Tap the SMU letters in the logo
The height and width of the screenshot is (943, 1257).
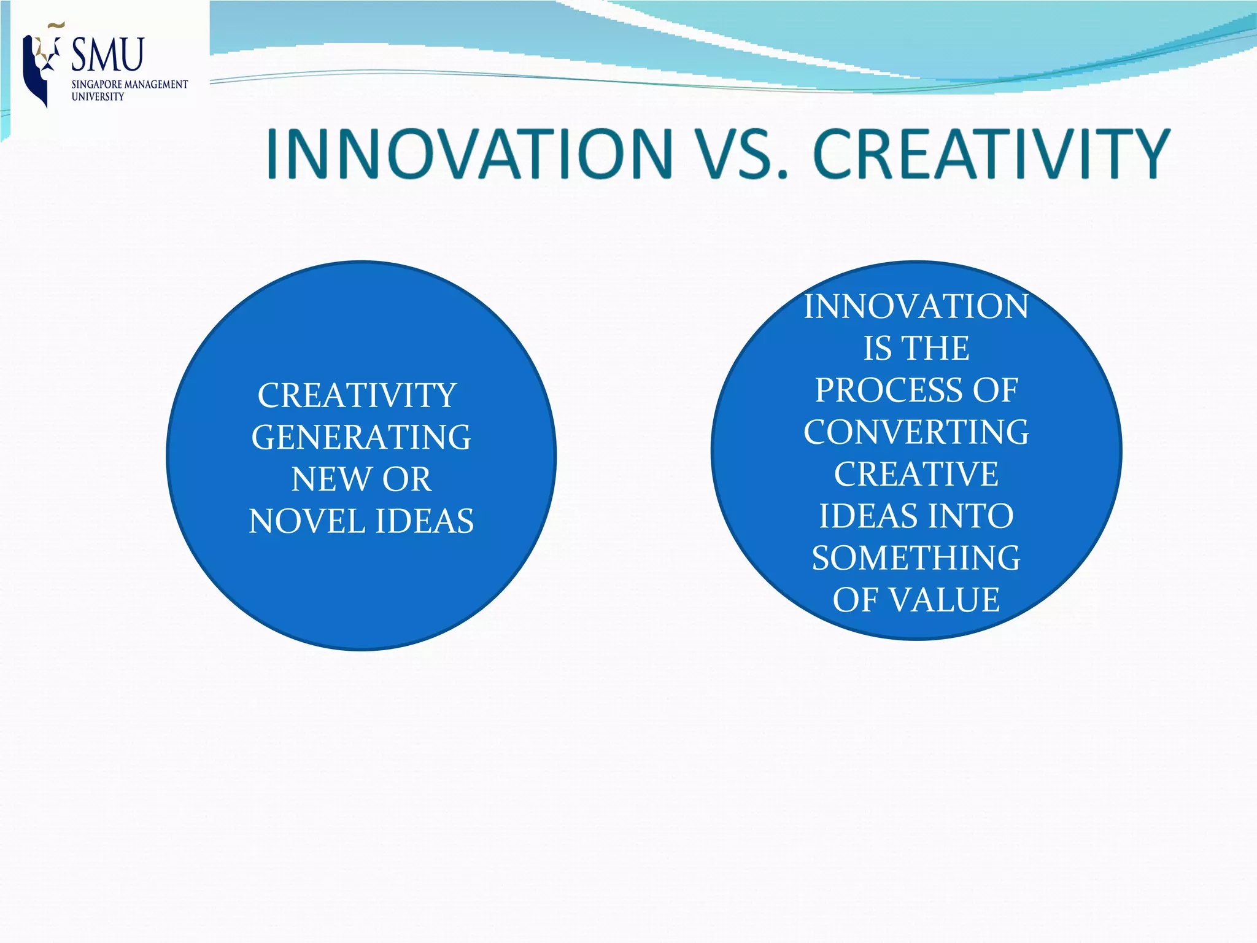click(x=108, y=55)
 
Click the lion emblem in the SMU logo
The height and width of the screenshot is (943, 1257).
click(x=40, y=64)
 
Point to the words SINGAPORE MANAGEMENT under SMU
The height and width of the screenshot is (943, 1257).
click(x=130, y=85)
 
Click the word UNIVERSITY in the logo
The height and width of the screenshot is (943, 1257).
click(x=98, y=97)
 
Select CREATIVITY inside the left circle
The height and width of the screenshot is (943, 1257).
click(x=357, y=395)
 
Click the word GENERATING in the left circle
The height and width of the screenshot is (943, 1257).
click(x=361, y=438)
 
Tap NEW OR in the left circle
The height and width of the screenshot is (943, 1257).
click(x=361, y=479)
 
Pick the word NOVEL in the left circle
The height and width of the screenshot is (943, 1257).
click(x=307, y=521)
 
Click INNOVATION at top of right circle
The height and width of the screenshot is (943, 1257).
click(x=916, y=306)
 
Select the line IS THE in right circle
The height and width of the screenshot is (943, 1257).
click(x=916, y=348)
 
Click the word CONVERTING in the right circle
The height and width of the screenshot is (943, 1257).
click(x=916, y=432)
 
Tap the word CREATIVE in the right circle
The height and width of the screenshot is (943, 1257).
click(x=916, y=474)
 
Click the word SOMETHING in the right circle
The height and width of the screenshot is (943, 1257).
click(x=916, y=558)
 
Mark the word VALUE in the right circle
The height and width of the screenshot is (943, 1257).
click(x=945, y=600)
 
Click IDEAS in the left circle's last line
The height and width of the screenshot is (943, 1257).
click(x=424, y=521)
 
